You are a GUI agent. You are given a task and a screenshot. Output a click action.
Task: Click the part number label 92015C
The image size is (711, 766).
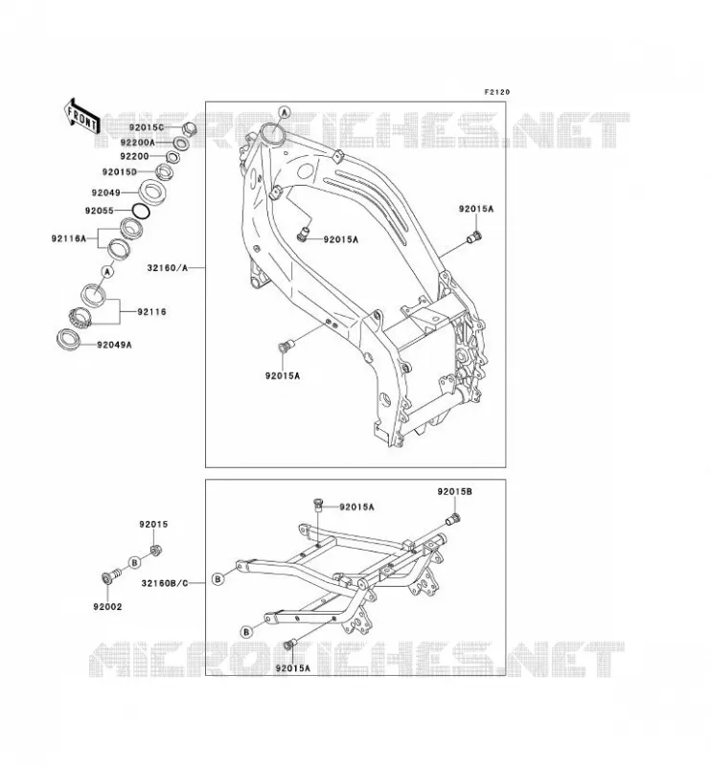[147, 128]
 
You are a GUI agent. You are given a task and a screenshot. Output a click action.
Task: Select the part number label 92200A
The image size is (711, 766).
[137, 143]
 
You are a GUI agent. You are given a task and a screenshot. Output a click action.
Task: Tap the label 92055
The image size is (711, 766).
[100, 211]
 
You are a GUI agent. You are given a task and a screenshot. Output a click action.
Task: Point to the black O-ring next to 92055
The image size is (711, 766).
[141, 211]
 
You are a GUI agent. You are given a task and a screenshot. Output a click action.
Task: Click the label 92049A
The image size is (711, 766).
[114, 345]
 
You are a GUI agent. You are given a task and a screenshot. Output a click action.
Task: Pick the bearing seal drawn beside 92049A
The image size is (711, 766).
[68, 340]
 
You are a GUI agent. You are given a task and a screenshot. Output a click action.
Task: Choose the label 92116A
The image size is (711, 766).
[68, 238]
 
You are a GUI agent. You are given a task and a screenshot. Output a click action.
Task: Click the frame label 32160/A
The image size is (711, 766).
[168, 268]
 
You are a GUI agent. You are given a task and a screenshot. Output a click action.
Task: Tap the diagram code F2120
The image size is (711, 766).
[496, 92]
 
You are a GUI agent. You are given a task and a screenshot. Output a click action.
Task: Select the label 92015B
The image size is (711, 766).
[455, 492]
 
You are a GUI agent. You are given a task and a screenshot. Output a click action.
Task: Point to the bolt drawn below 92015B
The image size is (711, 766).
[454, 520]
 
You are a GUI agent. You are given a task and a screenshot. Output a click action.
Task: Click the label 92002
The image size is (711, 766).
[107, 607]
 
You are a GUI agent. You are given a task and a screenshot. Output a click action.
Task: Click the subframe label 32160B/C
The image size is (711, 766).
[165, 583]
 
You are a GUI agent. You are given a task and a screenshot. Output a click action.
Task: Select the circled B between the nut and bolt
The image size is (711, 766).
[135, 562]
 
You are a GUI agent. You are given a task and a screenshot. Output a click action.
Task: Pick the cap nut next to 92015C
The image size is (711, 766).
[189, 129]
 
